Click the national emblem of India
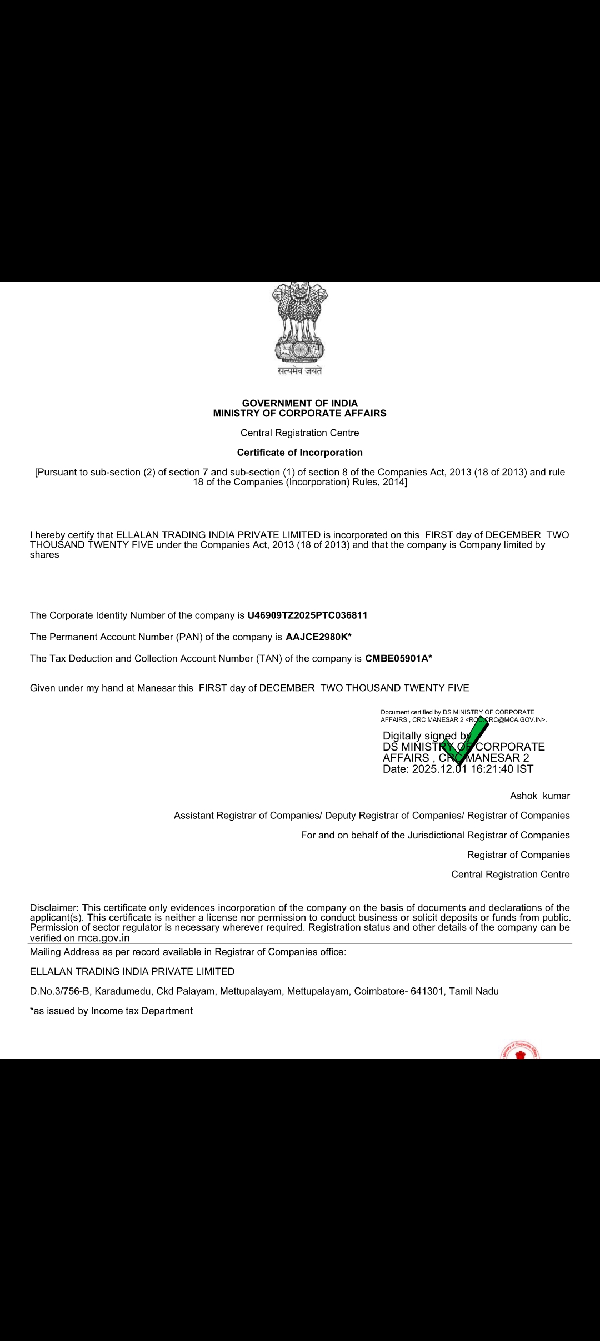pos(299,322)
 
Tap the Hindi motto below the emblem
pos(299,371)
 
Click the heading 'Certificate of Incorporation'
pos(299,453)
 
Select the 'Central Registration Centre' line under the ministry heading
pos(299,433)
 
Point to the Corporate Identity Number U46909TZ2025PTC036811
pos(307,615)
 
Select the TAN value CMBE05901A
pos(397,659)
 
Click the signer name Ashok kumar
pos(539,796)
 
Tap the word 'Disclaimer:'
pos(54,908)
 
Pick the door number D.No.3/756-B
pos(59,991)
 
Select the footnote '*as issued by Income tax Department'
pos(111,1011)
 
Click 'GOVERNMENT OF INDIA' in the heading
pos(299,403)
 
